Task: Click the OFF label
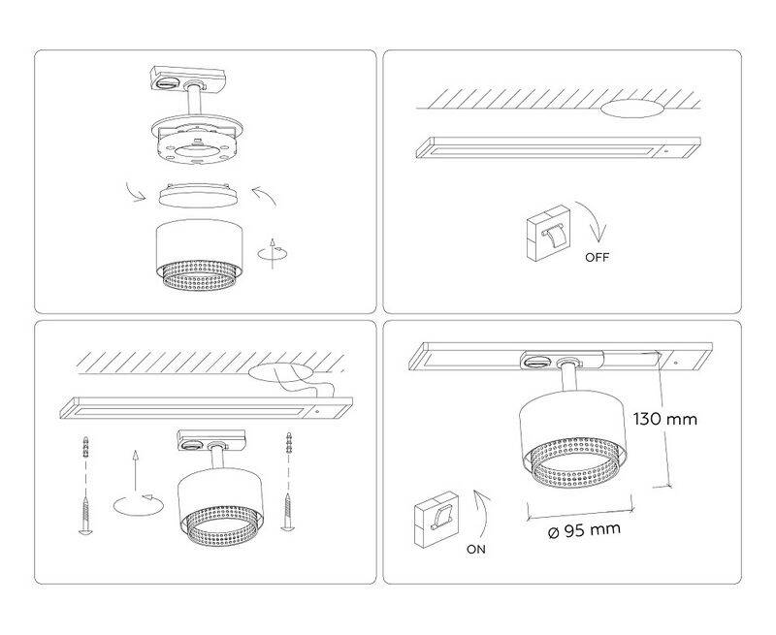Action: [597, 257]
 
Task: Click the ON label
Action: [476, 549]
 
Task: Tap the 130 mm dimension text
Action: [665, 419]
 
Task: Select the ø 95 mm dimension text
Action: [584, 530]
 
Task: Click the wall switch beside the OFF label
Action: [548, 233]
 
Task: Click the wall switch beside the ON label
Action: [436, 519]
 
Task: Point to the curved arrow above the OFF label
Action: [594, 221]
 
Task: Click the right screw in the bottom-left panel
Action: [288, 512]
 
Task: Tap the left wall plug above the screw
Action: [87, 448]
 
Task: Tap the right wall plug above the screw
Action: [288, 444]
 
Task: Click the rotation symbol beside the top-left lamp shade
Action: [273, 253]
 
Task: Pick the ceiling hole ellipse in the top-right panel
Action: [632, 109]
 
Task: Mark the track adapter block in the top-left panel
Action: [187, 78]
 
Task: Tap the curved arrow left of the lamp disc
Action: [136, 191]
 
